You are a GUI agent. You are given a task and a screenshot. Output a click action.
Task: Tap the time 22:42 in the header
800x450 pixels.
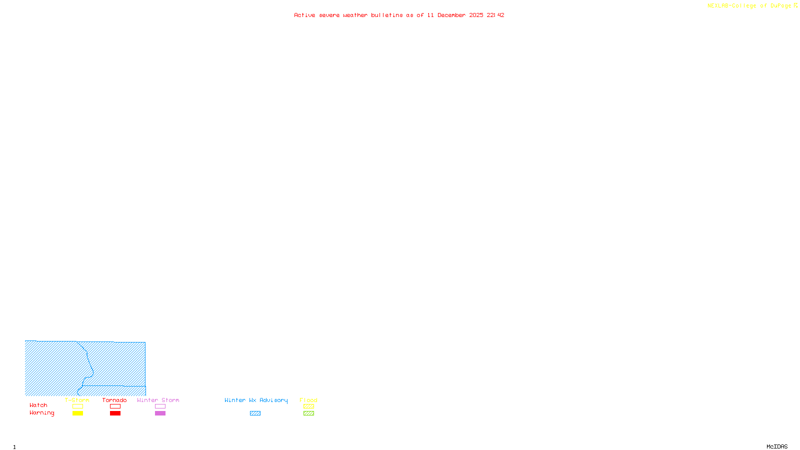[495, 15]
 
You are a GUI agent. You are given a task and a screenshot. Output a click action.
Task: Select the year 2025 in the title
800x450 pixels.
[476, 15]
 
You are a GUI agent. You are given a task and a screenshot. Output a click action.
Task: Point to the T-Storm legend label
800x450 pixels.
[77, 400]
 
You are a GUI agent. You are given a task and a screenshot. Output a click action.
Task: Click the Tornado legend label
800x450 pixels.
[114, 400]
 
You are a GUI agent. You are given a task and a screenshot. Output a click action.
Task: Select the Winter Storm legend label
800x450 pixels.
[158, 400]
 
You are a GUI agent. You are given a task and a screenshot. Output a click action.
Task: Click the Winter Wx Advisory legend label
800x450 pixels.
[256, 400]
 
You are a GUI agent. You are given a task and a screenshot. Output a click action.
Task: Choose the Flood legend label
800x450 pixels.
[308, 400]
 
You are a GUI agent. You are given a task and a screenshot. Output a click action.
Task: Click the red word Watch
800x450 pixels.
[38, 405]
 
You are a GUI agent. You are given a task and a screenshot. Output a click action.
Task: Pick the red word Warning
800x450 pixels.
[41, 413]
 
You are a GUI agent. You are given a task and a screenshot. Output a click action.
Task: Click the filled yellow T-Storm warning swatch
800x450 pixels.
[77, 413]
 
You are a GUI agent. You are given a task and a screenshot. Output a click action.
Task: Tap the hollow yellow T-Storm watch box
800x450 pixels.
[77, 406]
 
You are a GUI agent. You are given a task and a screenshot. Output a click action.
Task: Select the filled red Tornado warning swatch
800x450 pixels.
[115, 413]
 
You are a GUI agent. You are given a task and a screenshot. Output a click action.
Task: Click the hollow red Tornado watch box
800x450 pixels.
[115, 406]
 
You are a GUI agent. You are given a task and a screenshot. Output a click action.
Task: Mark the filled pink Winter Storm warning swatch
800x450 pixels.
[160, 413]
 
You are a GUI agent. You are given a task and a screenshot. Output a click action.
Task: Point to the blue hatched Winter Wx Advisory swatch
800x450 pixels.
[255, 413]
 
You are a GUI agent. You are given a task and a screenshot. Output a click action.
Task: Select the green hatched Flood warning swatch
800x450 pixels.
[308, 413]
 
